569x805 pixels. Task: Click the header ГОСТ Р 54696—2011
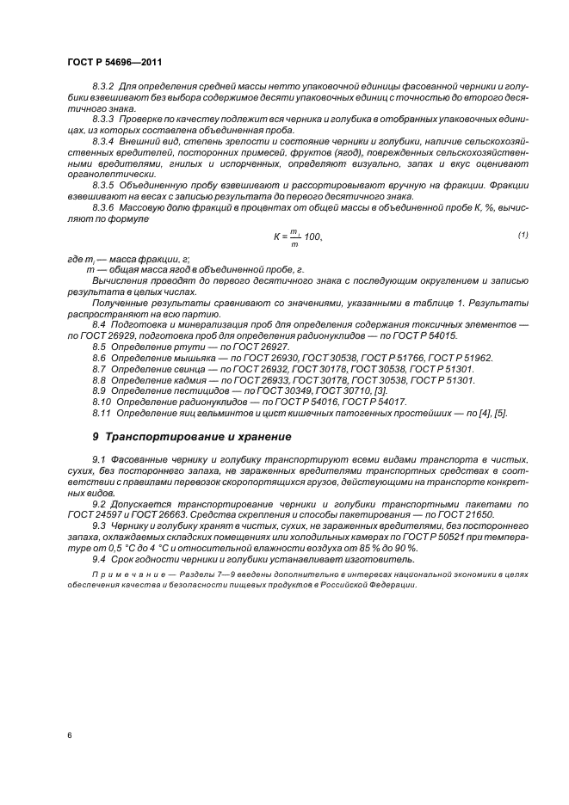point(114,62)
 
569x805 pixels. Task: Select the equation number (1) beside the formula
point(523,235)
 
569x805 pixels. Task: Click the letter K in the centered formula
point(277,237)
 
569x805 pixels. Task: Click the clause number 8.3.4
point(106,140)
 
